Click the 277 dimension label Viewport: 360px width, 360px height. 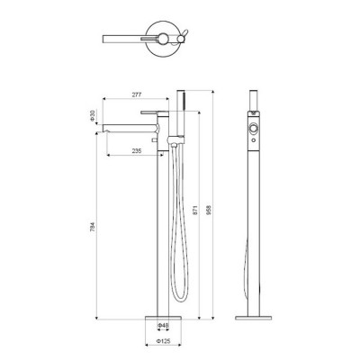click(137, 94)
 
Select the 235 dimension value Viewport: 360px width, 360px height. click(137, 151)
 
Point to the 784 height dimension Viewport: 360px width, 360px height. click(93, 228)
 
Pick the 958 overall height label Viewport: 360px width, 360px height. click(209, 210)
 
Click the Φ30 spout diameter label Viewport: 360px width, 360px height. click(93, 115)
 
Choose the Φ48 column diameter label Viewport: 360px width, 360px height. click(163, 325)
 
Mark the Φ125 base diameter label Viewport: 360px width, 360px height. click(163, 341)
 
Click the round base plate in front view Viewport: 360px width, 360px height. click(163, 318)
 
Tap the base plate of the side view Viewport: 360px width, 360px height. click(254, 318)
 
